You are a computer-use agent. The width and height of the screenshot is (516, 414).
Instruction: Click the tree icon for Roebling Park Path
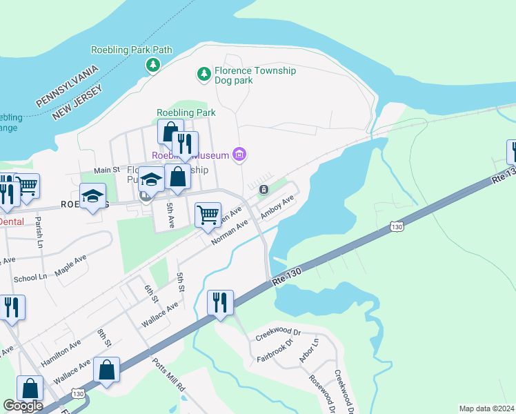152,65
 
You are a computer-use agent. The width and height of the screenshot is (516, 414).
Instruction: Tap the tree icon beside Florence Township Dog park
204,74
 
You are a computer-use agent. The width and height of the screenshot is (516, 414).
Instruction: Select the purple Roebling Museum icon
239,155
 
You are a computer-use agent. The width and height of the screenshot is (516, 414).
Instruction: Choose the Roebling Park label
186,112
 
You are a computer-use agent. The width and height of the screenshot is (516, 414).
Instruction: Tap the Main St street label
107,170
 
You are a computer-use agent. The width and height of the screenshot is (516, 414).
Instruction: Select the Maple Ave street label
71,264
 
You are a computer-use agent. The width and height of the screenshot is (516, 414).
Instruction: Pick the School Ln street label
30,277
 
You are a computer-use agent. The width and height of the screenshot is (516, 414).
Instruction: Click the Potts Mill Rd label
169,377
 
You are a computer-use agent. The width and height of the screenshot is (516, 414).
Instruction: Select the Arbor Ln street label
308,351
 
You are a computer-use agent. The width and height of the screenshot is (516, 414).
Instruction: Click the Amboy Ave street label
277,207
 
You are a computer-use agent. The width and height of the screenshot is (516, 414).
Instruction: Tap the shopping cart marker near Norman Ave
208,215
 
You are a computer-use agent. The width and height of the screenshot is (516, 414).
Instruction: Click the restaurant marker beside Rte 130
220,302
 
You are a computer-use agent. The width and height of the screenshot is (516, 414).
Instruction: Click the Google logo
23,406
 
